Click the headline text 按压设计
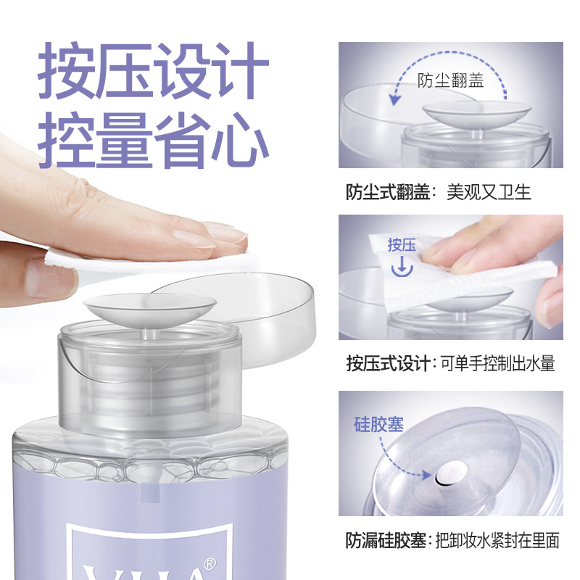pyautogui.click(x=153, y=70)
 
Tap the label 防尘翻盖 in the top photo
pyautogui.click(x=450, y=80)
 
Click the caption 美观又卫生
pyautogui.click(x=489, y=192)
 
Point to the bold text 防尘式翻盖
pyautogui.click(x=388, y=192)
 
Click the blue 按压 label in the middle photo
pyautogui.click(x=402, y=245)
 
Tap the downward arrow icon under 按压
pyautogui.click(x=402, y=267)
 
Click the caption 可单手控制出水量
pyautogui.click(x=498, y=364)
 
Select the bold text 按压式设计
pyautogui.click(x=388, y=364)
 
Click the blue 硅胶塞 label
pyautogui.click(x=378, y=424)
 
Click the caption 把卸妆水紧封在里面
pyautogui.click(x=497, y=540)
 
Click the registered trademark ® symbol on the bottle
pyautogui.click(x=210, y=563)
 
